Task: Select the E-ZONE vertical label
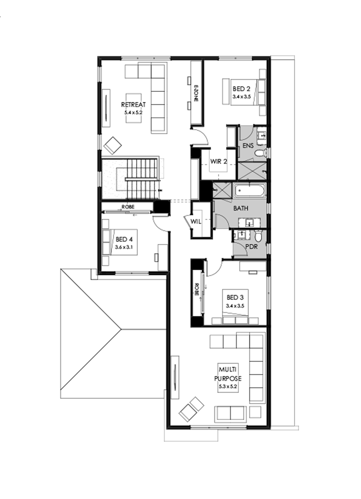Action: click(196, 93)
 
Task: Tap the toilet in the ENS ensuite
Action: click(260, 153)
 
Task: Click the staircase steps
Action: click(140, 176)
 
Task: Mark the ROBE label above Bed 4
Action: click(128, 207)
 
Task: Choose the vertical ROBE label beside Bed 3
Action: click(197, 289)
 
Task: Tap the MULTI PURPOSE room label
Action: click(229, 373)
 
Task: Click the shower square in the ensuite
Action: click(251, 171)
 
